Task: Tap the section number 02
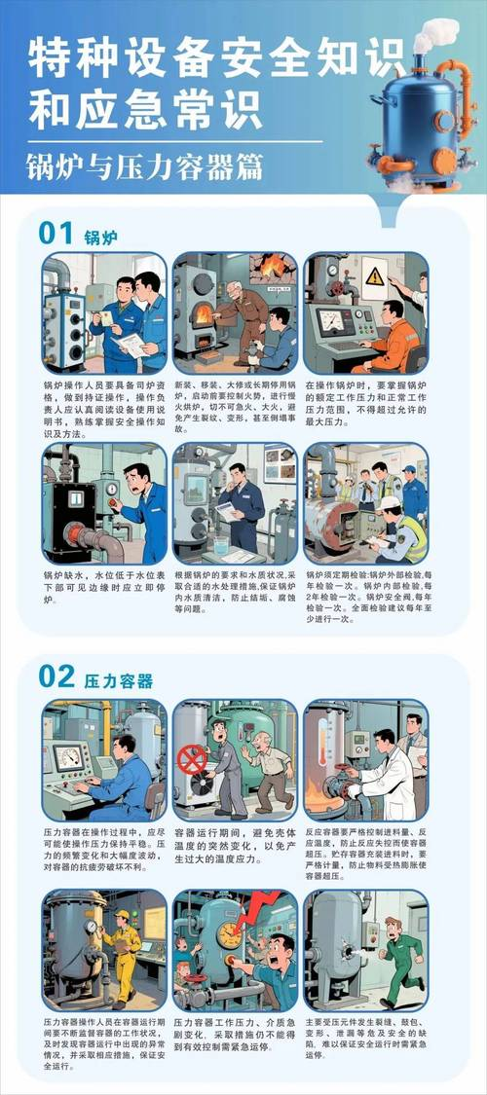coord(57,675)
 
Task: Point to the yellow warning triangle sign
coord(375,276)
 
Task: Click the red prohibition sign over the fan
coord(192,759)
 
